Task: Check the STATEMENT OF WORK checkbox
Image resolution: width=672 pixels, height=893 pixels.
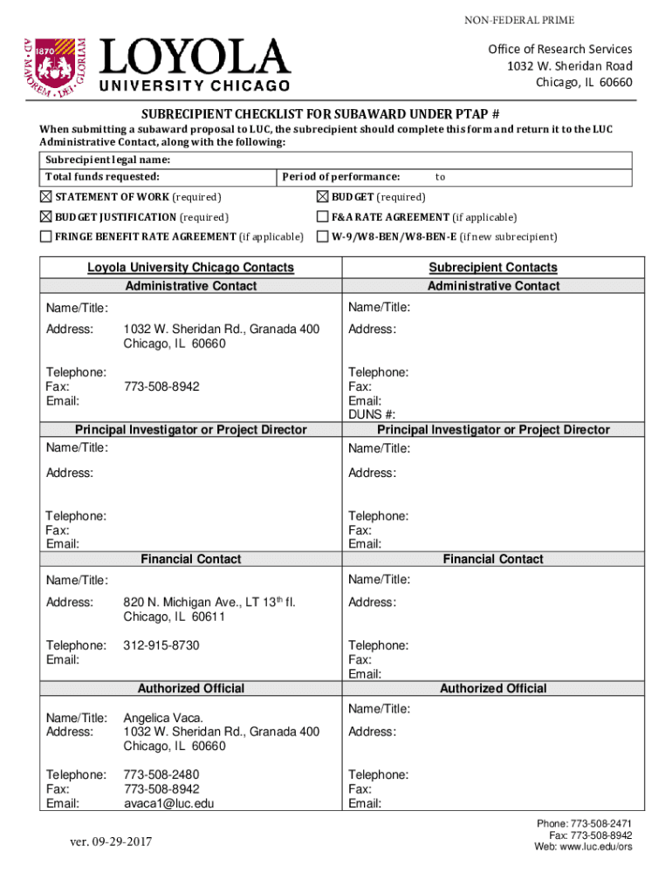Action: (x=46, y=196)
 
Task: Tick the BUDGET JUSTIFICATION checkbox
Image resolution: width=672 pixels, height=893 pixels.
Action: (x=46, y=216)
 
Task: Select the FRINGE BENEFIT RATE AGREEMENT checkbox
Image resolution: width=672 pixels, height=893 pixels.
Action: (x=46, y=236)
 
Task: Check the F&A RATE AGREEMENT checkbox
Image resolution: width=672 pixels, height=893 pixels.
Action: (x=323, y=216)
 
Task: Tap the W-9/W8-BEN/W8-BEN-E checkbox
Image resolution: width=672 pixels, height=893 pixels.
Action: (x=323, y=236)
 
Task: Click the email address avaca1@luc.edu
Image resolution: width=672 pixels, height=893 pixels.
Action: (x=168, y=803)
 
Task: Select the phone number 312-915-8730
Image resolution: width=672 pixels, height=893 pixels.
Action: (x=161, y=645)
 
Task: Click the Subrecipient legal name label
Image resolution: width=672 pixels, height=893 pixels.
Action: (x=107, y=160)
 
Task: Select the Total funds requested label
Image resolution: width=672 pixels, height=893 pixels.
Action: (x=102, y=177)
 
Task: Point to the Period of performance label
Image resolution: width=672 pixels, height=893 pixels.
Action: (x=341, y=177)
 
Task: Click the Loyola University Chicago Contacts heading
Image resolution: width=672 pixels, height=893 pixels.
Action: (x=190, y=268)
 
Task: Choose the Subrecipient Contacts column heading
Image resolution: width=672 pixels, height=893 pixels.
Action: (x=493, y=268)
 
